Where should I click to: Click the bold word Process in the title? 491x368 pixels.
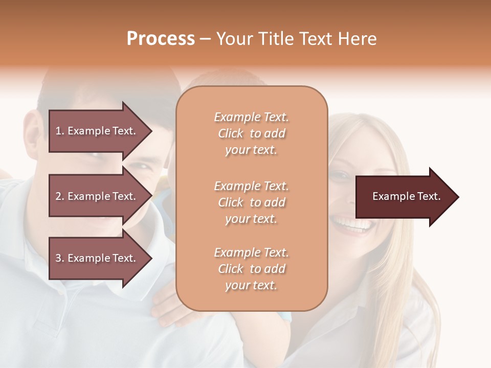161,39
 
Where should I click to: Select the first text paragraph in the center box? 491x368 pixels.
251,133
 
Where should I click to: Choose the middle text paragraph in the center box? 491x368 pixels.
251,202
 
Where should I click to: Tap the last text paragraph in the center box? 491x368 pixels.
251,269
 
